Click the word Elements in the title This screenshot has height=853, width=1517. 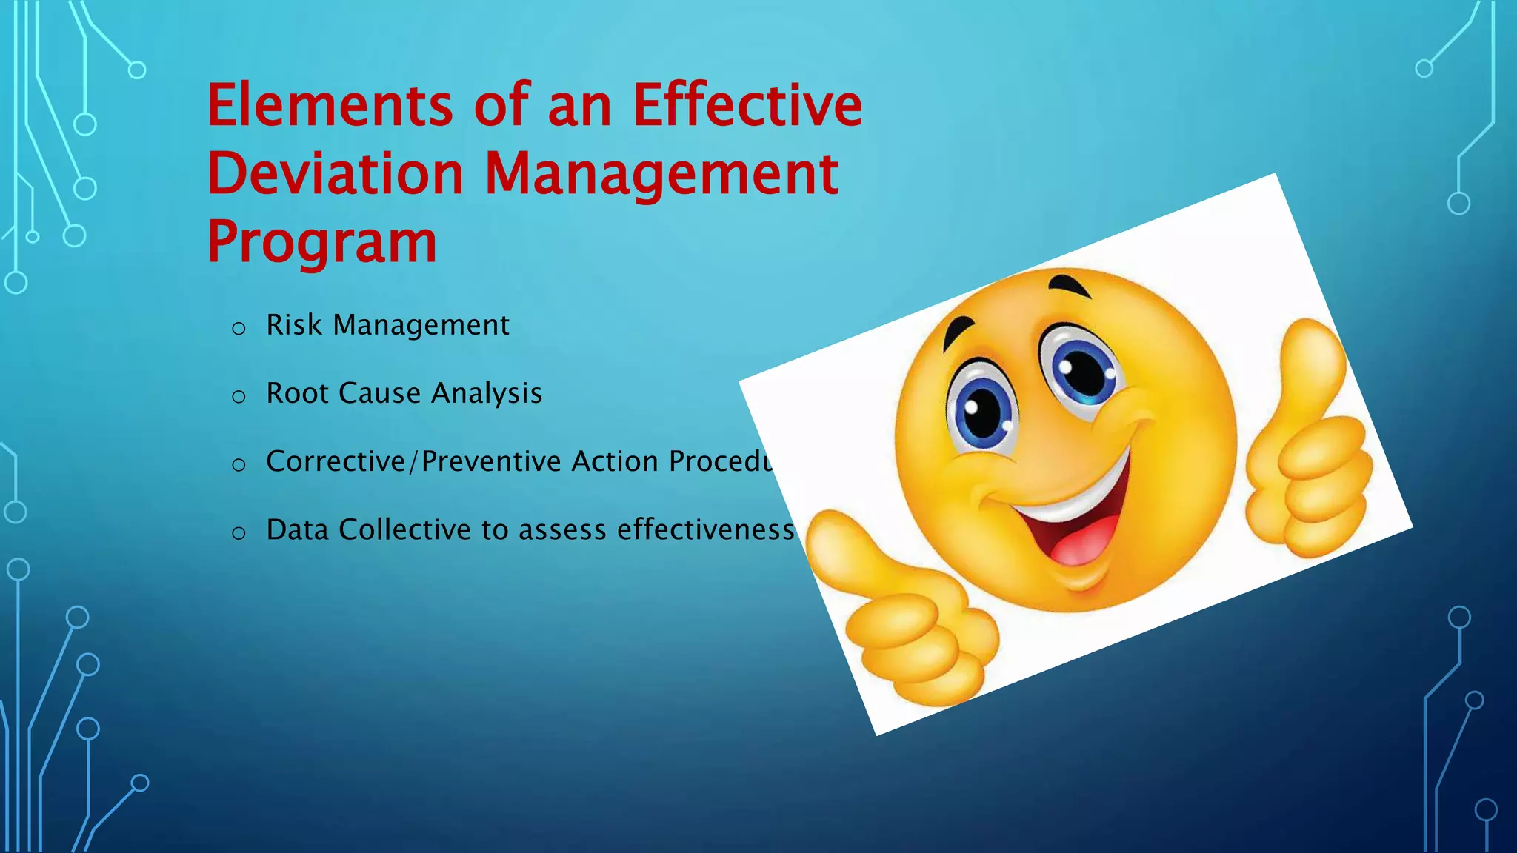[330, 106]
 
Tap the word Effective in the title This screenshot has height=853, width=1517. [747, 106]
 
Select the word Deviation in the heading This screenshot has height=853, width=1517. [336, 174]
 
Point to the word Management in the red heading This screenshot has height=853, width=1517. [661, 175]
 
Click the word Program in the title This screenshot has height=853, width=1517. [322, 243]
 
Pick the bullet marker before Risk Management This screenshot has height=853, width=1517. [239, 328]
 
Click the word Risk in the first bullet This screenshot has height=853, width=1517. [294, 325]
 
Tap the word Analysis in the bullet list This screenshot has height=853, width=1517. [487, 394]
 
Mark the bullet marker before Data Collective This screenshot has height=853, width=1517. [239, 532]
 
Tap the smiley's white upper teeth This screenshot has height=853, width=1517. [1074, 504]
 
